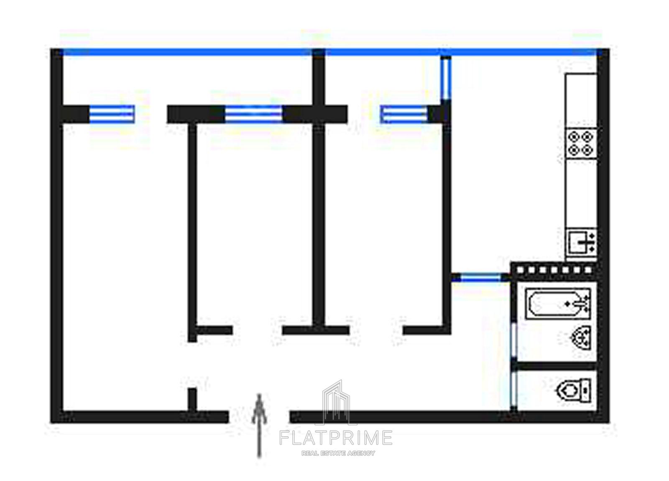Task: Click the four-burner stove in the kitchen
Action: tap(581, 144)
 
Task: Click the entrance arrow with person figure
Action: tap(259, 426)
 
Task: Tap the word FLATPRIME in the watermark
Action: tap(336, 438)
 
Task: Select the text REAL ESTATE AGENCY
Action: tap(338, 453)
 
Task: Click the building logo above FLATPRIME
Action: tap(336, 403)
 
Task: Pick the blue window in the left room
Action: tap(112, 114)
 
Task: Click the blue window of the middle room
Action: tap(253, 114)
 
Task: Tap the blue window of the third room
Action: tap(404, 114)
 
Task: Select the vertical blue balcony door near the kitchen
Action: tap(446, 78)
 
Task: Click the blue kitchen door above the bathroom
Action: tap(480, 278)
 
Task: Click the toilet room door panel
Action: tap(513, 389)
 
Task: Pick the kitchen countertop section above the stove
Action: tap(581, 101)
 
